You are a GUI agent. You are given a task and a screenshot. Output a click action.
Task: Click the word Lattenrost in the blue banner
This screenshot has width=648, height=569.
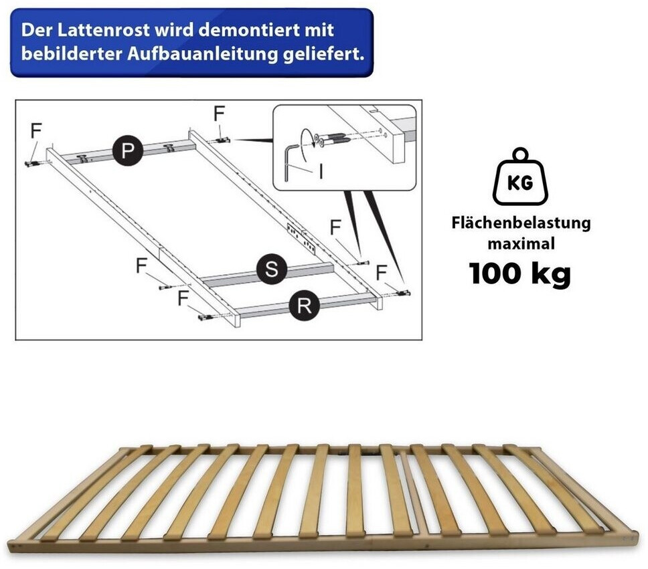pyautogui.click(x=103, y=31)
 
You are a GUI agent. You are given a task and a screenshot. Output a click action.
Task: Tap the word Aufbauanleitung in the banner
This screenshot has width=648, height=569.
pyautogui.click(x=202, y=54)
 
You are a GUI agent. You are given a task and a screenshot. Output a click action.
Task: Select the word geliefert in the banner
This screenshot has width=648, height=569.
pyautogui.click(x=323, y=54)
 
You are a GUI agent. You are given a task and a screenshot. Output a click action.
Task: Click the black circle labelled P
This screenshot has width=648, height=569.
pyautogui.click(x=128, y=150)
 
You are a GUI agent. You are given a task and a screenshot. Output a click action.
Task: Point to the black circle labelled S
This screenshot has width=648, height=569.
pyautogui.click(x=272, y=269)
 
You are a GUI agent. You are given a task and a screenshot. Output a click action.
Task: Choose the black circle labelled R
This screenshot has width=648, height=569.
pyautogui.click(x=305, y=306)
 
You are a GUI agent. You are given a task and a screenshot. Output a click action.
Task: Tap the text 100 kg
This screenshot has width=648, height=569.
pyautogui.click(x=520, y=273)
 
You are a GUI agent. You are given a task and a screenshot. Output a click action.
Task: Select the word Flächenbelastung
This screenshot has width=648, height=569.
pyautogui.click(x=521, y=223)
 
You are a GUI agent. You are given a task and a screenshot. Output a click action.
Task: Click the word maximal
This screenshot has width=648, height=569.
pyautogui.click(x=521, y=243)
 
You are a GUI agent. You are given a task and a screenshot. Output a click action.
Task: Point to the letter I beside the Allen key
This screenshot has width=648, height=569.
pyautogui.click(x=321, y=172)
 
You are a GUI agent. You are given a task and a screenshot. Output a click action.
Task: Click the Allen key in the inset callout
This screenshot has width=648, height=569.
pyautogui.click(x=289, y=162)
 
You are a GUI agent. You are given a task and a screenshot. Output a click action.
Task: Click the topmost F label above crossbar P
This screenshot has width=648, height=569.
pyautogui.click(x=219, y=114)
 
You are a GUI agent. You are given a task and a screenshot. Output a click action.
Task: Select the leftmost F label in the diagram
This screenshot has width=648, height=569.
pyautogui.click(x=36, y=131)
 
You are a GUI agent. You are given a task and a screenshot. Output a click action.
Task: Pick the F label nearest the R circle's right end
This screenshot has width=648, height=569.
pyautogui.click(x=381, y=273)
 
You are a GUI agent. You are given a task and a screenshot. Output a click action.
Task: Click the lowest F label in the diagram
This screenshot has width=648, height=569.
pyautogui.click(x=183, y=298)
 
